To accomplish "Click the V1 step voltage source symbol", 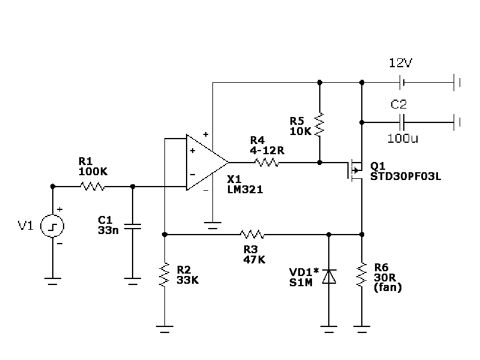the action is pyautogui.click(x=52, y=226).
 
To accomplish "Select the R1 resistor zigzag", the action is pyautogui.click(x=92, y=186).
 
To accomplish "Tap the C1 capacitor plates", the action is pyautogui.click(x=133, y=227).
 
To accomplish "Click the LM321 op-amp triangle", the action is pyautogui.click(x=208, y=162).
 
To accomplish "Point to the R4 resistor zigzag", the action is pyautogui.click(x=266, y=162).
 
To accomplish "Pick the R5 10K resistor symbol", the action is pyautogui.click(x=319, y=124).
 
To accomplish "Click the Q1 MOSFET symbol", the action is pyautogui.click(x=355, y=170).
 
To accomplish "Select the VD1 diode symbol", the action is pyautogui.click(x=329, y=277).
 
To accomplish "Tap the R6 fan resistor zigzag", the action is pyautogui.click(x=362, y=275).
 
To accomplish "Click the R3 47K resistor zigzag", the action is pyautogui.click(x=252, y=235).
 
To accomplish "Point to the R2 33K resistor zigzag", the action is pyautogui.click(x=164, y=275).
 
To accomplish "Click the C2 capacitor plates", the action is pyautogui.click(x=402, y=122).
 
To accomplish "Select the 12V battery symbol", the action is pyautogui.click(x=402, y=82).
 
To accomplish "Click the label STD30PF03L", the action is pyautogui.click(x=406, y=176).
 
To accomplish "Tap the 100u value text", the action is pyautogui.click(x=403, y=139).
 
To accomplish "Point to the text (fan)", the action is pyautogui.click(x=388, y=287).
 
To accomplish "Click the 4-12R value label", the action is pyautogui.click(x=267, y=151).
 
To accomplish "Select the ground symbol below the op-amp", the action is pyautogui.click(x=212, y=226).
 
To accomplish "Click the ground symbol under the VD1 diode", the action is pyautogui.click(x=329, y=329).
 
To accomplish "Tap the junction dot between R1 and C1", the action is pyautogui.click(x=133, y=186).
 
